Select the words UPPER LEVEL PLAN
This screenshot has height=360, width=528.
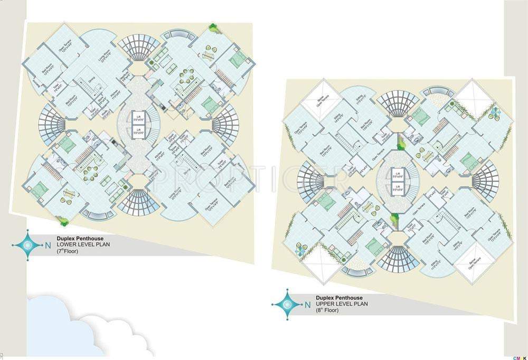(339, 304)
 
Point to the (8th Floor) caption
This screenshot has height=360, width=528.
(328, 311)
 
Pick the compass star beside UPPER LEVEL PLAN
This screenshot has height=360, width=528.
(287, 304)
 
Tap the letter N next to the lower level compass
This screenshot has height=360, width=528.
(48, 245)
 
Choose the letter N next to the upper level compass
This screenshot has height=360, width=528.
(307, 304)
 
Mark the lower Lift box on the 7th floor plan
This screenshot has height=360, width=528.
(138, 129)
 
